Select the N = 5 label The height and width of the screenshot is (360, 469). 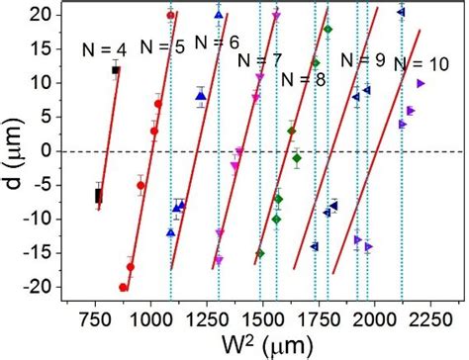161,45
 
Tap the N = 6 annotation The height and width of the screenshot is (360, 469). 216,43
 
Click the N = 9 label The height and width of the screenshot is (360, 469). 362,59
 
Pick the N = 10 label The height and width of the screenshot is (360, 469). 418,64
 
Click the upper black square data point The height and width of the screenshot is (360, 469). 116,70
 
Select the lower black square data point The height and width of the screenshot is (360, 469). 97,196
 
